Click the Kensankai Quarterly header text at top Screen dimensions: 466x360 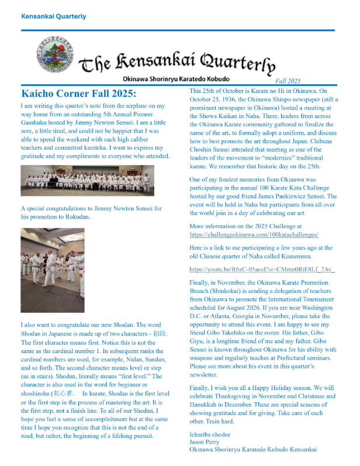53,16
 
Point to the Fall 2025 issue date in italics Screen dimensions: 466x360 287,81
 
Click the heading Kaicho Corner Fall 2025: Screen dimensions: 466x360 78,94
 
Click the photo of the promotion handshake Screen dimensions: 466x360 53,270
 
